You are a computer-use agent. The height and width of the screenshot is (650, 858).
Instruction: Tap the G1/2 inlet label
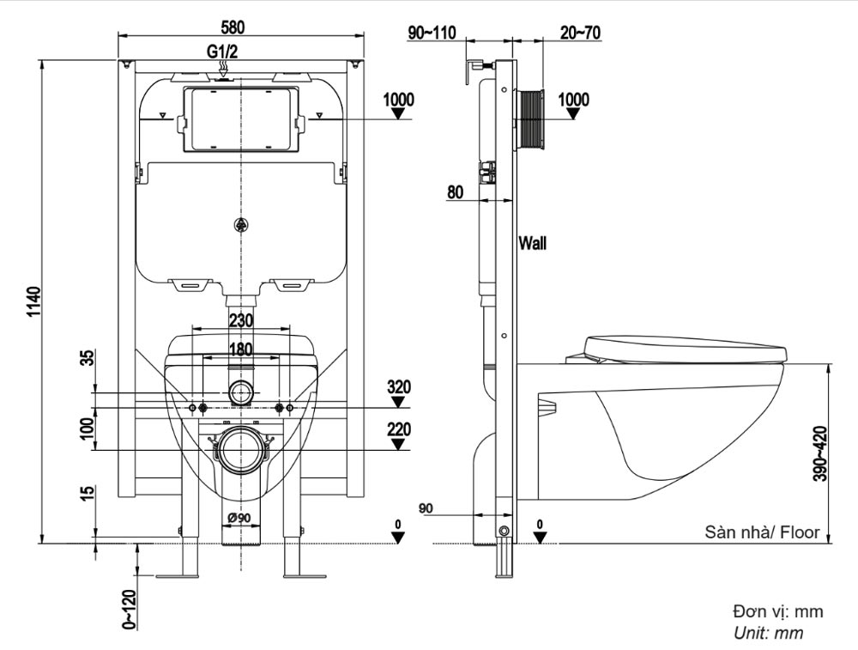[222, 52]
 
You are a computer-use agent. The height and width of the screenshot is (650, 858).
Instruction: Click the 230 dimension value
[241, 320]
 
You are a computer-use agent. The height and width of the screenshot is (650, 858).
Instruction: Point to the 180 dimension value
[241, 349]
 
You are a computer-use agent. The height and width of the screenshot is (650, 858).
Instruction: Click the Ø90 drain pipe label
[239, 518]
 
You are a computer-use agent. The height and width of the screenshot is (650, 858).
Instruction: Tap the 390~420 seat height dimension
[820, 453]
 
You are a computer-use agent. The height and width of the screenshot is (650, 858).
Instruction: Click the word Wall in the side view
[532, 243]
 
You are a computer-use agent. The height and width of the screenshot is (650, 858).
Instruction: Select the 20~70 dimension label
[580, 33]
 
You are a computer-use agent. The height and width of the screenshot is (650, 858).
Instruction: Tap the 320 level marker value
[398, 387]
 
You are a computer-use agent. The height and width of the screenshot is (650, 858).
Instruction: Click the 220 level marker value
[398, 430]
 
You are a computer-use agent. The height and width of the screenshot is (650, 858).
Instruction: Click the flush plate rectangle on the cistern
[241, 120]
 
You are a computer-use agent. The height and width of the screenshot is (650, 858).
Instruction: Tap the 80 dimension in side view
[456, 192]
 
